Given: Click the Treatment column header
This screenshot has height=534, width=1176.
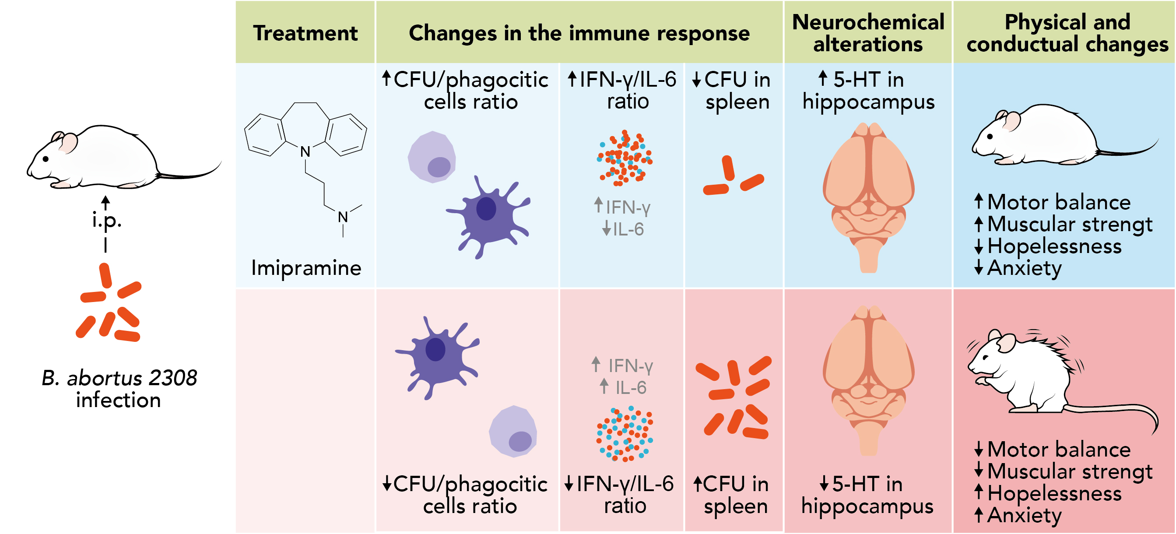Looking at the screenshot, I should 305,33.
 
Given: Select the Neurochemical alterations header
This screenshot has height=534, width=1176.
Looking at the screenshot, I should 867,33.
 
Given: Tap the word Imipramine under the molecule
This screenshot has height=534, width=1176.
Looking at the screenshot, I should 306,268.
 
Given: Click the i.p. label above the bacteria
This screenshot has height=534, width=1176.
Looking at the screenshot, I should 106,221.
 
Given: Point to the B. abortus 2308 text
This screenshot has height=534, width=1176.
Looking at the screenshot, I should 119,378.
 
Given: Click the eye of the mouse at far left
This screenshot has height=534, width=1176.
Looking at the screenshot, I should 46,159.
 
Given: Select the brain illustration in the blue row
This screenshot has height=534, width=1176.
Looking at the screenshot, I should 868,196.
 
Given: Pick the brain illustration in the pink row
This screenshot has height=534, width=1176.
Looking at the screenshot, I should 868,379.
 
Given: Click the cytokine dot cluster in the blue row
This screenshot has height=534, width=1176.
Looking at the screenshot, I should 625,158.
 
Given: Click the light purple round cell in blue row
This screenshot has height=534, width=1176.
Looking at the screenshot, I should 432,158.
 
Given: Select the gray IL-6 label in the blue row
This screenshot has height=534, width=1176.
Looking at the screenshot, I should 628,229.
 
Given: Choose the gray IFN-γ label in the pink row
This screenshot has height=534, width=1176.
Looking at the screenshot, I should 630,365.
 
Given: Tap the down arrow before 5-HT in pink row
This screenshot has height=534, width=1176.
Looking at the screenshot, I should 824,483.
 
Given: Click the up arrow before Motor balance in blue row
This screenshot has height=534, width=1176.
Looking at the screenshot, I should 978,201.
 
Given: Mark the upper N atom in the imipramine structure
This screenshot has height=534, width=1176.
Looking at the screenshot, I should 305,151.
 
